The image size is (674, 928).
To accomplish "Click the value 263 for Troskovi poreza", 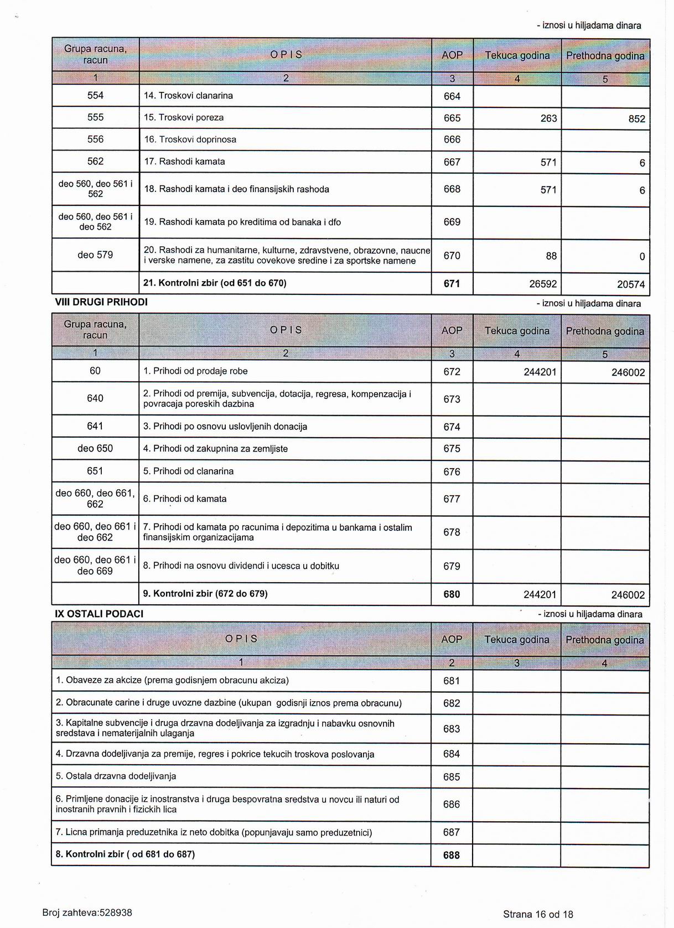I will pyautogui.click(x=548, y=118).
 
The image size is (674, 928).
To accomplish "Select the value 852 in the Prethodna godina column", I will pyautogui.click(x=636, y=119).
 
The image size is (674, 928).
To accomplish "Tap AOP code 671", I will pyautogui.click(x=452, y=284).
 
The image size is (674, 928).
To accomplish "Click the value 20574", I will pyautogui.click(x=631, y=285).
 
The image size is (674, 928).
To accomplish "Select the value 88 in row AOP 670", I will pyautogui.click(x=551, y=256).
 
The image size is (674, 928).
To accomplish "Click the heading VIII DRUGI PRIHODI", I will pyautogui.click(x=101, y=302).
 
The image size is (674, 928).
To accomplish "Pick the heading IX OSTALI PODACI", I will pyautogui.click(x=99, y=614).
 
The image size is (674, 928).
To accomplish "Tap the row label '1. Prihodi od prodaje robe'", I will pyautogui.click(x=195, y=371).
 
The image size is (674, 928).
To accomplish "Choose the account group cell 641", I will pyautogui.click(x=95, y=426).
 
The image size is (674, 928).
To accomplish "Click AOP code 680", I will pyautogui.click(x=452, y=594).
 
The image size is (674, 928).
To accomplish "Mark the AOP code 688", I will pyautogui.click(x=452, y=856).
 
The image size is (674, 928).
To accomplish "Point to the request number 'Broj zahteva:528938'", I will pyautogui.click(x=87, y=913).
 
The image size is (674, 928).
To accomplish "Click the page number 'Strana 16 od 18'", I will pyautogui.click(x=538, y=915).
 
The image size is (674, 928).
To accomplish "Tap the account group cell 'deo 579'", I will pyautogui.click(x=95, y=255).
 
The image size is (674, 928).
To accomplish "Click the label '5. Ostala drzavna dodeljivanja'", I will pyautogui.click(x=116, y=776).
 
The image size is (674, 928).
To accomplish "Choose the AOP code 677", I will pyautogui.click(x=452, y=499).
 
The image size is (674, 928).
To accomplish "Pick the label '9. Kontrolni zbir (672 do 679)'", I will pyautogui.click(x=205, y=594).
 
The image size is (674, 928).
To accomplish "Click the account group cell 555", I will pyautogui.click(x=95, y=117).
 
